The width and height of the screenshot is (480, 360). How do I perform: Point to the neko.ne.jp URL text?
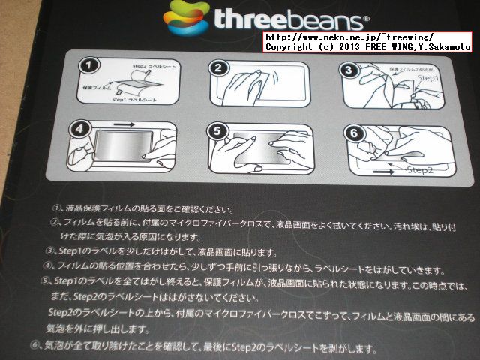click(349, 37)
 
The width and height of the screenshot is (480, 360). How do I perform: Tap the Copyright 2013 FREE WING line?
click(368, 46)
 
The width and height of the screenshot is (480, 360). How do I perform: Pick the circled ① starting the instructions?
click(57, 208)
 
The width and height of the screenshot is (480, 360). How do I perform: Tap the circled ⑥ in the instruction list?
click(36, 346)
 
